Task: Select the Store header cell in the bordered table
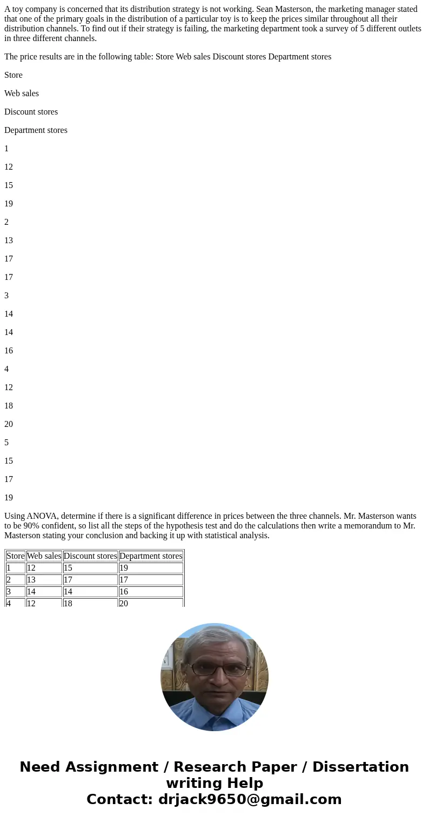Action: coord(16,556)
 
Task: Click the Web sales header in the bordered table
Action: coord(44,556)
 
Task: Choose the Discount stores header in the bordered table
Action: coord(90,556)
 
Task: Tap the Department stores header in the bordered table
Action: coord(151,556)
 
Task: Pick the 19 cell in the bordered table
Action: coord(124,568)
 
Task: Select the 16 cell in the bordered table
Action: coord(124,592)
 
